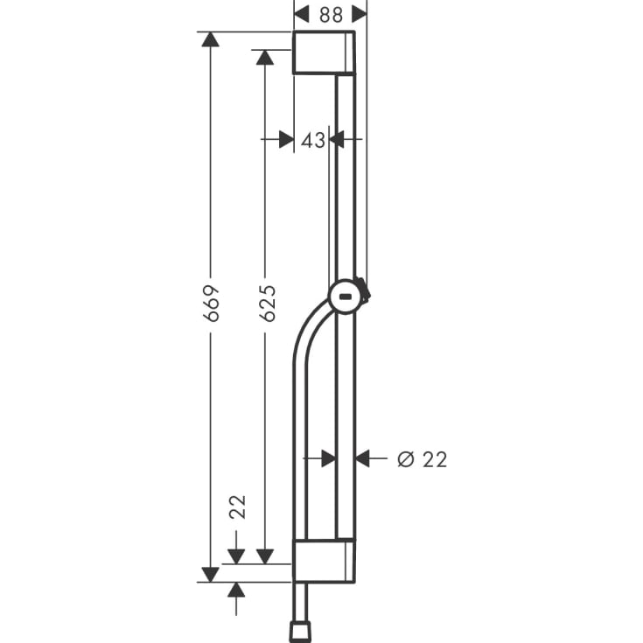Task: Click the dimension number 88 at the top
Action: click(330, 14)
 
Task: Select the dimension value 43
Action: click(312, 139)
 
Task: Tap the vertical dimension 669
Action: click(211, 303)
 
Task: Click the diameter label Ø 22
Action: click(422, 458)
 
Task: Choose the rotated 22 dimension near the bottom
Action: click(237, 507)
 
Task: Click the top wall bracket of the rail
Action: click(323, 52)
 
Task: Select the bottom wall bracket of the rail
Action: click(323, 560)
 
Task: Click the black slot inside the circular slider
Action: click(347, 298)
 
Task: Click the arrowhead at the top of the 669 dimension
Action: click(209, 39)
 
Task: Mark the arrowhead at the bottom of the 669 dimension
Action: click(210, 574)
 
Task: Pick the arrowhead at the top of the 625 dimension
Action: click(265, 57)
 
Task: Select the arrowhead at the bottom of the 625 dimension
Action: click(265, 556)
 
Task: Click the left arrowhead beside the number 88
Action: click(302, 14)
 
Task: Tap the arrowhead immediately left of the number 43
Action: click(285, 139)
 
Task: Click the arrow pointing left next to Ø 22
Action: click(363, 458)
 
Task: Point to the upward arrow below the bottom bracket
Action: click(236, 590)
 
